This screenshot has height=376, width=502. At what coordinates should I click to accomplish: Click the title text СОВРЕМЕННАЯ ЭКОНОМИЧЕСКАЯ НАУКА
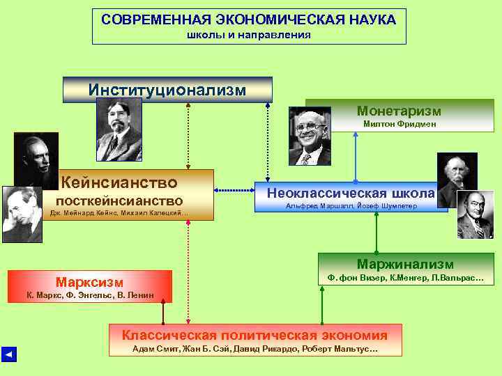pyautogui.click(x=249, y=19)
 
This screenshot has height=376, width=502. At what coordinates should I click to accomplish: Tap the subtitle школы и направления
pyautogui.click(x=249, y=35)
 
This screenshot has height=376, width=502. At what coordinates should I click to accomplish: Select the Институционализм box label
pyautogui.click(x=167, y=90)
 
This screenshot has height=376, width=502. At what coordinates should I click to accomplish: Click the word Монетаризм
pyautogui.click(x=399, y=111)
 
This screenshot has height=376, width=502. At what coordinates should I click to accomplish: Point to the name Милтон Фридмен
pyautogui.click(x=400, y=124)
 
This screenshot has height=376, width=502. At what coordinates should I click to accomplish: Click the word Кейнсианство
pyautogui.click(x=119, y=182)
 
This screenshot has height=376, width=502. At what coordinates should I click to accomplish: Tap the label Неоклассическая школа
pyautogui.click(x=355, y=193)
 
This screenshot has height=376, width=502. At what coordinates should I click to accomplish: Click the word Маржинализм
pyautogui.click(x=405, y=264)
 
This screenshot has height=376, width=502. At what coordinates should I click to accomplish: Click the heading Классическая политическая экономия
pyautogui.click(x=254, y=335)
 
